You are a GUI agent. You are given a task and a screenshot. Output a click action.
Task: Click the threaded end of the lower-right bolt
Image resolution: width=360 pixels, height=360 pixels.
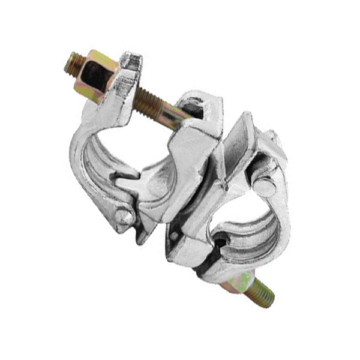[258, 294]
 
